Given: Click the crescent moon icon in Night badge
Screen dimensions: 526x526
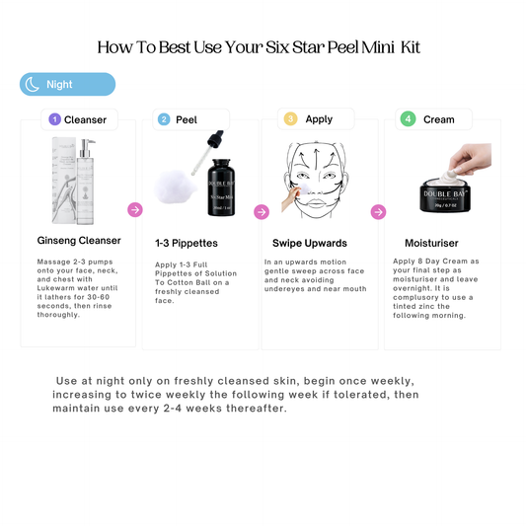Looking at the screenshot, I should [33, 85].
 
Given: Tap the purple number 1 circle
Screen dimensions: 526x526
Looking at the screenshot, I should [55, 119].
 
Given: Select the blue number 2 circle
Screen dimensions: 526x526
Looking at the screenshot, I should [164, 119].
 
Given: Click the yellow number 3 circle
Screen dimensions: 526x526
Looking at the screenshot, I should [290, 119].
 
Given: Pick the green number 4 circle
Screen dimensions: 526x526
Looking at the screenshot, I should [408, 119].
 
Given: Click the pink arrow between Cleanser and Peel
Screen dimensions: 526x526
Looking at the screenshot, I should [135, 209].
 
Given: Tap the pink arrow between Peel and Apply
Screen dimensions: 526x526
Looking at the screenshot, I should [262, 212].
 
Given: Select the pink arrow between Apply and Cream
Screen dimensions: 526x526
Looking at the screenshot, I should [378, 212].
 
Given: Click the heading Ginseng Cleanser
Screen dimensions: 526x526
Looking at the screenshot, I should [79, 240].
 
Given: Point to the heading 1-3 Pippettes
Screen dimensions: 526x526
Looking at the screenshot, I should [188, 242].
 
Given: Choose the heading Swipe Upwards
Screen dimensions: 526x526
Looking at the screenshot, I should [309, 242].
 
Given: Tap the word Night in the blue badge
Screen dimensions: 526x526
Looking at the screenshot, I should [59, 85].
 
